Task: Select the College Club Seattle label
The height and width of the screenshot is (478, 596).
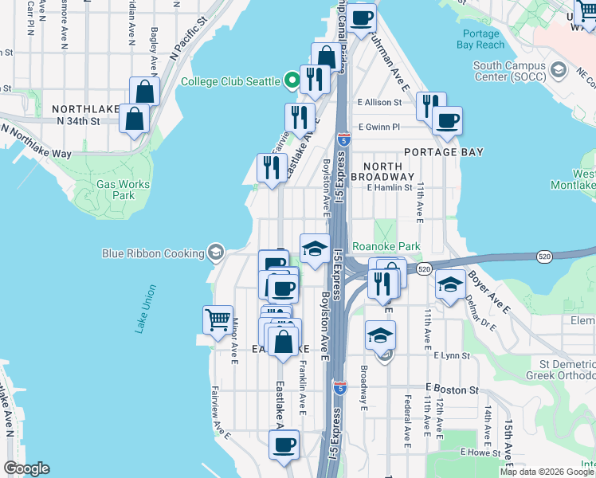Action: (229, 81)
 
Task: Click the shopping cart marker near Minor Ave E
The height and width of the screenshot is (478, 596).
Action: (218, 320)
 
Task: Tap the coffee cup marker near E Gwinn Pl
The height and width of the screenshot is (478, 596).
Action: (447, 120)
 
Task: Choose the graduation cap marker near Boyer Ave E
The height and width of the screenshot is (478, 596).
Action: (450, 284)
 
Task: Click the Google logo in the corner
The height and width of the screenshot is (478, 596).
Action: (26, 468)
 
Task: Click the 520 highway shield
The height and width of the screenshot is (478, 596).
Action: (424, 269)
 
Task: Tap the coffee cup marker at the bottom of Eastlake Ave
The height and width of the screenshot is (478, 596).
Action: (283, 445)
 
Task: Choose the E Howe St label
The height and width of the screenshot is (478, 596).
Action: (479, 452)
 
